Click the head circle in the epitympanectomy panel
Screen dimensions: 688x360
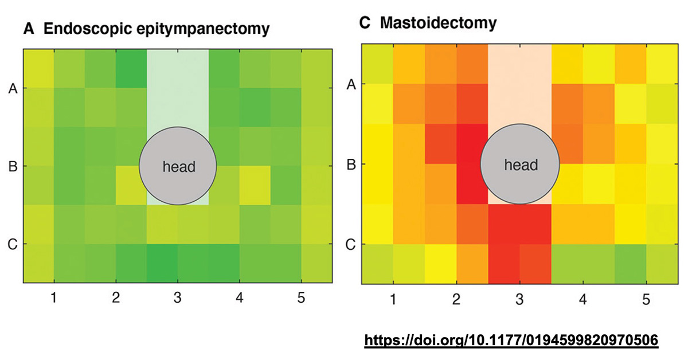point(178,166)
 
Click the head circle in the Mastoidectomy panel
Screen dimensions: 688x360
point(519,164)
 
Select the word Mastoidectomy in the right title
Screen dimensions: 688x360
point(438,23)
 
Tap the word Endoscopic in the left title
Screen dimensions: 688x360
point(88,29)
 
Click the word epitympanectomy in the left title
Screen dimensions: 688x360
point(203,29)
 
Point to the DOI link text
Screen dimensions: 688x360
point(511,341)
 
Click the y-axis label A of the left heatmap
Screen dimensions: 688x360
point(13,88)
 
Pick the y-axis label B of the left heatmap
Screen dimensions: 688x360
point(13,166)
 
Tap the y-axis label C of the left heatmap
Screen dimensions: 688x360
point(13,245)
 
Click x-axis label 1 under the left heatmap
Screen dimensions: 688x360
point(54,298)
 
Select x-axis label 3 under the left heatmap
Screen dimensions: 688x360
point(178,298)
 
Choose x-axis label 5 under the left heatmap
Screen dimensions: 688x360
point(302,298)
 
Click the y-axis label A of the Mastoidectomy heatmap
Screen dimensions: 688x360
point(351,84)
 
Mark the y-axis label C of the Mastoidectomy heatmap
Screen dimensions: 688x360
point(351,245)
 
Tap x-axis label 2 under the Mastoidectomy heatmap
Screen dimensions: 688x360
point(456,299)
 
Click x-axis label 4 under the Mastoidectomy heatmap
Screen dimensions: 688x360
point(583,299)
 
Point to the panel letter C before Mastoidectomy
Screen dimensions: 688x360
point(365,23)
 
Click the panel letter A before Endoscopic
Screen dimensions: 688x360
point(29,29)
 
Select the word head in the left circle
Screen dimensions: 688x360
point(179,167)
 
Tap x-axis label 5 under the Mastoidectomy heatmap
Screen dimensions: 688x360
point(647,299)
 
